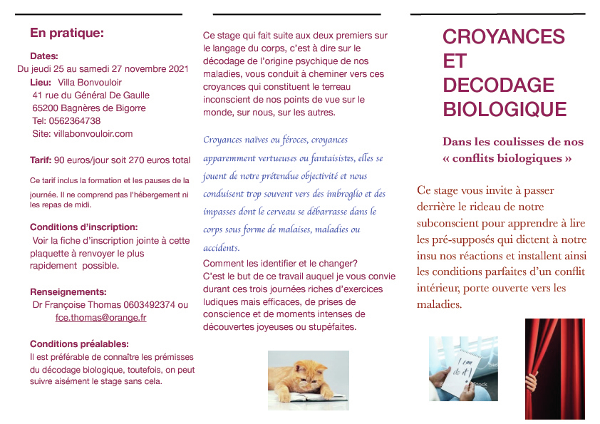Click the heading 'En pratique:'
[x=67, y=33]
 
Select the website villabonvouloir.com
[x=93, y=133]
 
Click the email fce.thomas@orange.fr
[x=100, y=318]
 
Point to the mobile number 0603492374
[x=148, y=305]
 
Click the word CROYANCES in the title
[x=503, y=37]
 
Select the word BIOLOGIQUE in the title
[x=505, y=110]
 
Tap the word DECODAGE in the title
[x=498, y=86]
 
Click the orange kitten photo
[x=308, y=379]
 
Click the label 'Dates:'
[x=44, y=56]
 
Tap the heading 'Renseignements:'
[x=68, y=291]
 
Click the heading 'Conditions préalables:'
[x=79, y=343]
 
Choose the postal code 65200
[x=47, y=108]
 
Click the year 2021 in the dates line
[x=177, y=69]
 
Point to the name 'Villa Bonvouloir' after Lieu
[x=90, y=83]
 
